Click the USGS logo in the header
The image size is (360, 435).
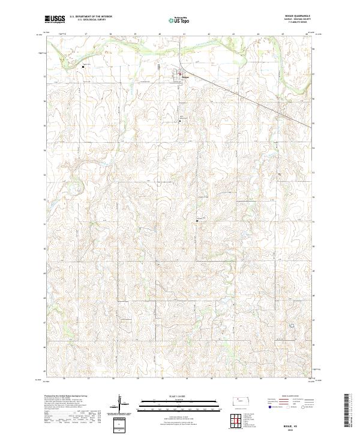click(55, 19)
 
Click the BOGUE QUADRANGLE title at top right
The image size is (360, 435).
click(302, 16)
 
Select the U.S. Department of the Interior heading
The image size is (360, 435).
click(92, 17)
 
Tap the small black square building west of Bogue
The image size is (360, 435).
click(83, 66)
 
